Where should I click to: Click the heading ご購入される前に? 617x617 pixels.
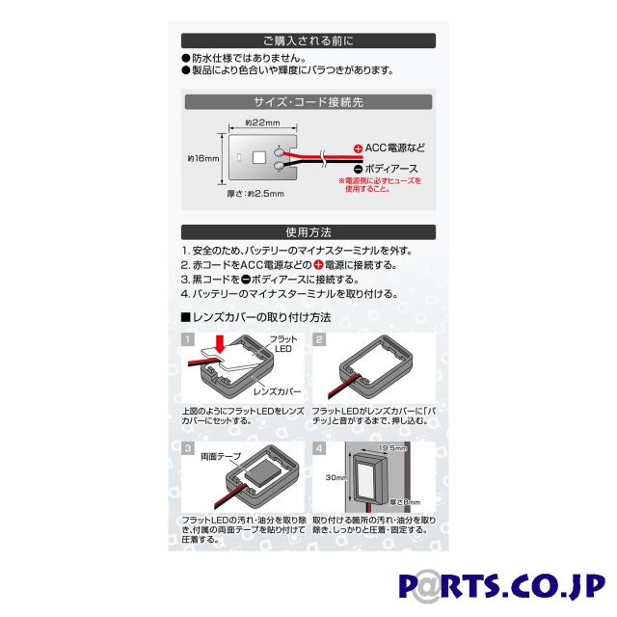point(308,41)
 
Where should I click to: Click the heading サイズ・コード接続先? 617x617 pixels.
point(308,102)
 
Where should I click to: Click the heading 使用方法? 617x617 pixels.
point(308,232)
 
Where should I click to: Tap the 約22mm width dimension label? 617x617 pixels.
point(262,124)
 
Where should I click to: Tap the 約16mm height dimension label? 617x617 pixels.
point(203,157)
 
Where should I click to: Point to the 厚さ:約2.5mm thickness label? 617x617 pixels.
point(255,194)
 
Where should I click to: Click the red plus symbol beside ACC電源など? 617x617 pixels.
point(358,148)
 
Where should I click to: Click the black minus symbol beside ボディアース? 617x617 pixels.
point(358,168)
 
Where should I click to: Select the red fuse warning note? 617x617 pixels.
point(380,185)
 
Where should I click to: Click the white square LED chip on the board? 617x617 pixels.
point(258,157)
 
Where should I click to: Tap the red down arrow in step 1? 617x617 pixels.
point(222,343)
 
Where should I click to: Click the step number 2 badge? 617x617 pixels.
point(319,339)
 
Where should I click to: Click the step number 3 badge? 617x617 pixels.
point(187,447)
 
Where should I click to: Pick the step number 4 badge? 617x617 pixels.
point(319,447)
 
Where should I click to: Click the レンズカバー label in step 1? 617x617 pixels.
point(277,393)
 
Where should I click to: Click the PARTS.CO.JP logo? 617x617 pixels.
point(500,587)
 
